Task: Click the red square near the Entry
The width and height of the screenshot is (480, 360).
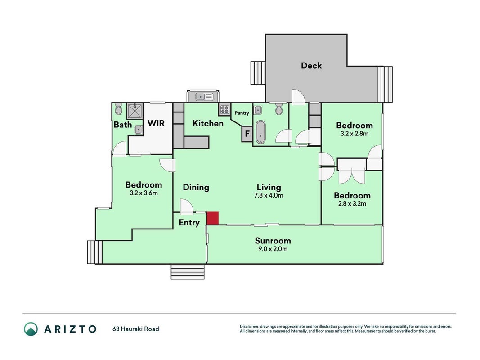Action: [x=212, y=218]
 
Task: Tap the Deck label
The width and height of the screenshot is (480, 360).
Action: [x=311, y=66]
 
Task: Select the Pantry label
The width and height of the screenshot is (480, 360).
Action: [x=242, y=113]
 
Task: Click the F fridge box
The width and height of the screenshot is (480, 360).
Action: [x=247, y=134]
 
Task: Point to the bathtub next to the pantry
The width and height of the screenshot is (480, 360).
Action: [x=261, y=132]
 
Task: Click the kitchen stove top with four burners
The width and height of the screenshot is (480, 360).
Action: [x=224, y=110]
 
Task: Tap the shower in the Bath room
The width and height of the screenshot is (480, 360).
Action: [x=135, y=111]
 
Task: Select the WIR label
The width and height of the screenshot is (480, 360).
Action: [x=156, y=123]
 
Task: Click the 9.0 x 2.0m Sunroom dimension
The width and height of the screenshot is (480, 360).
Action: [x=273, y=249]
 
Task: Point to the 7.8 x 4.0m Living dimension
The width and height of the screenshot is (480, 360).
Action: [x=269, y=195]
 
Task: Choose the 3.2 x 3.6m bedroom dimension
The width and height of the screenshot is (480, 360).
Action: [x=144, y=193]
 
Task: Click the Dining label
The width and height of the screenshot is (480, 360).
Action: [x=196, y=187]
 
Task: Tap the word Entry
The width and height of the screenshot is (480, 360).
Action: [x=189, y=223]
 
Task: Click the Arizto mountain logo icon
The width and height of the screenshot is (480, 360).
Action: [x=31, y=329]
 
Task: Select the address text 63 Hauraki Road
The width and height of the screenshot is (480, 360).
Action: [x=135, y=329]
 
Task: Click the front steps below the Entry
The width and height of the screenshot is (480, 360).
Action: [x=187, y=271]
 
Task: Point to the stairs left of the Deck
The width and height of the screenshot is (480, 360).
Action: [x=258, y=73]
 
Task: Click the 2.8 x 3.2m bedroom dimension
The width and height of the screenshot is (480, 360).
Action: [x=352, y=203]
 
